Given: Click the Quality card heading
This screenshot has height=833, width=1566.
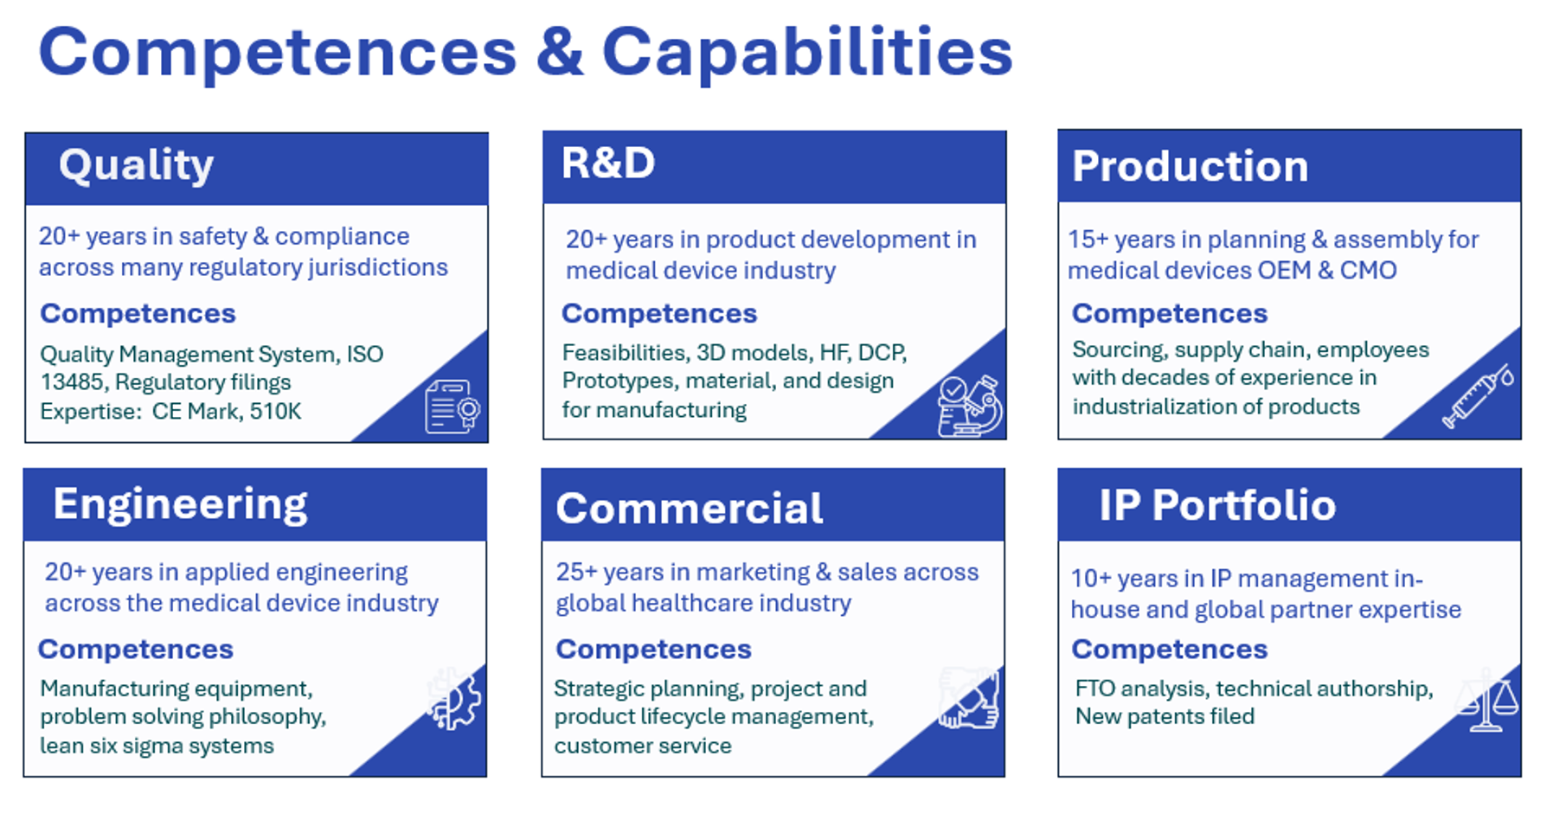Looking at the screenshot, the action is (x=136, y=165).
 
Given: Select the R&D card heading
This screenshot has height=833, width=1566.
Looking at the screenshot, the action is (x=608, y=163).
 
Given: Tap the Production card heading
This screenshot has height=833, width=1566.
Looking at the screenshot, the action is (x=1190, y=166).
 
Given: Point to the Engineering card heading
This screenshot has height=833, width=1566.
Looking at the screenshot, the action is (x=180, y=504).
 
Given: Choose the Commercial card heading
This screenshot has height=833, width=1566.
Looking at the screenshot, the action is (x=690, y=508).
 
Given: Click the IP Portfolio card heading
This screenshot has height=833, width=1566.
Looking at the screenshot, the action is (x=1217, y=505).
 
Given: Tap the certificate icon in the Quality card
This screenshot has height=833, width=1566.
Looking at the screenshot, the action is (x=452, y=406).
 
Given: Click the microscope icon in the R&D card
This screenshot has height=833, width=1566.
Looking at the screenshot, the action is (x=970, y=406).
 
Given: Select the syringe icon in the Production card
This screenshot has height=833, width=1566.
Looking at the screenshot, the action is (x=1478, y=395).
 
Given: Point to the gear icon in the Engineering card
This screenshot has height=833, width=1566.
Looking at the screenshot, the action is (x=454, y=698).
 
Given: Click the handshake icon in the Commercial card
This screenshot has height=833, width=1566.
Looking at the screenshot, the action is (x=969, y=697).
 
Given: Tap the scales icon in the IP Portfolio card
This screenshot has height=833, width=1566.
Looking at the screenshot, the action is (x=1486, y=700).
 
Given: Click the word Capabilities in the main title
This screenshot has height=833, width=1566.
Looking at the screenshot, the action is (x=806, y=53).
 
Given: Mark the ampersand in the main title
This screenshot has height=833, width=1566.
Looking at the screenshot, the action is (x=559, y=53).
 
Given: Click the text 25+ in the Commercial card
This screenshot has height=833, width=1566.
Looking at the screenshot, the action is (x=576, y=572).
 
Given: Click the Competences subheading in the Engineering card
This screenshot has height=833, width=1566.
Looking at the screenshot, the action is (x=136, y=650).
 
